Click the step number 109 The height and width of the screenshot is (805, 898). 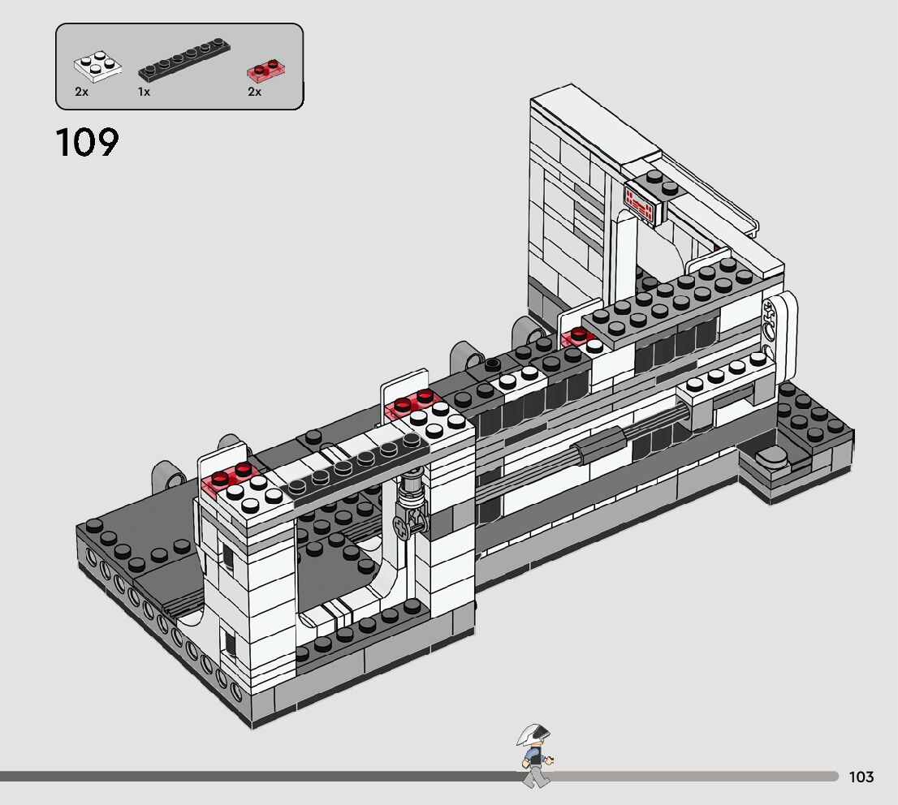pos(87,142)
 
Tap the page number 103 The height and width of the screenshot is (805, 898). pos(861,777)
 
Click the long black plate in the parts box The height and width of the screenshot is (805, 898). pos(183,59)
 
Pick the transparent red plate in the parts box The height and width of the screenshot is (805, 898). pos(266,69)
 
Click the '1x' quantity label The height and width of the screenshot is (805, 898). pos(144,92)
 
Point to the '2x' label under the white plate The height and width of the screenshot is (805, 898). pos(81,92)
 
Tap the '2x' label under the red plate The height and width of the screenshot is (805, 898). pos(254,92)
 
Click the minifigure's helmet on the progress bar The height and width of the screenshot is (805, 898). pos(533,734)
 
